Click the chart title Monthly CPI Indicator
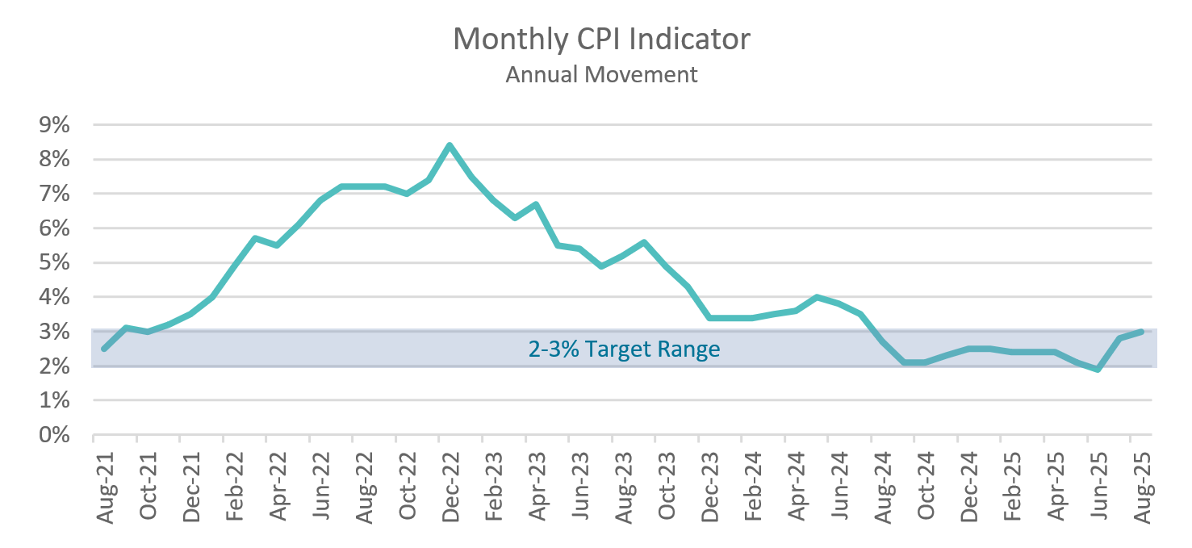tap(601, 39)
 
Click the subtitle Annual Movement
tap(601, 75)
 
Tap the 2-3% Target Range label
tap(624, 349)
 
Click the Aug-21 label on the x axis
tap(105, 487)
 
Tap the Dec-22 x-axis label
tap(450, 487)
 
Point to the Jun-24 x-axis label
tap(839, 487)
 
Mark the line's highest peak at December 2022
tap(450, 145)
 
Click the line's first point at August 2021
tap(104, 349)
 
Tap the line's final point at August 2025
tap(1141, 332)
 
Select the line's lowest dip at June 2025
tap(1098, 370)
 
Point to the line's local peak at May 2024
tap(817, 297)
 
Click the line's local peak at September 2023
tap(644, 242)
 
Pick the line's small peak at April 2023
tap(536, 204)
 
